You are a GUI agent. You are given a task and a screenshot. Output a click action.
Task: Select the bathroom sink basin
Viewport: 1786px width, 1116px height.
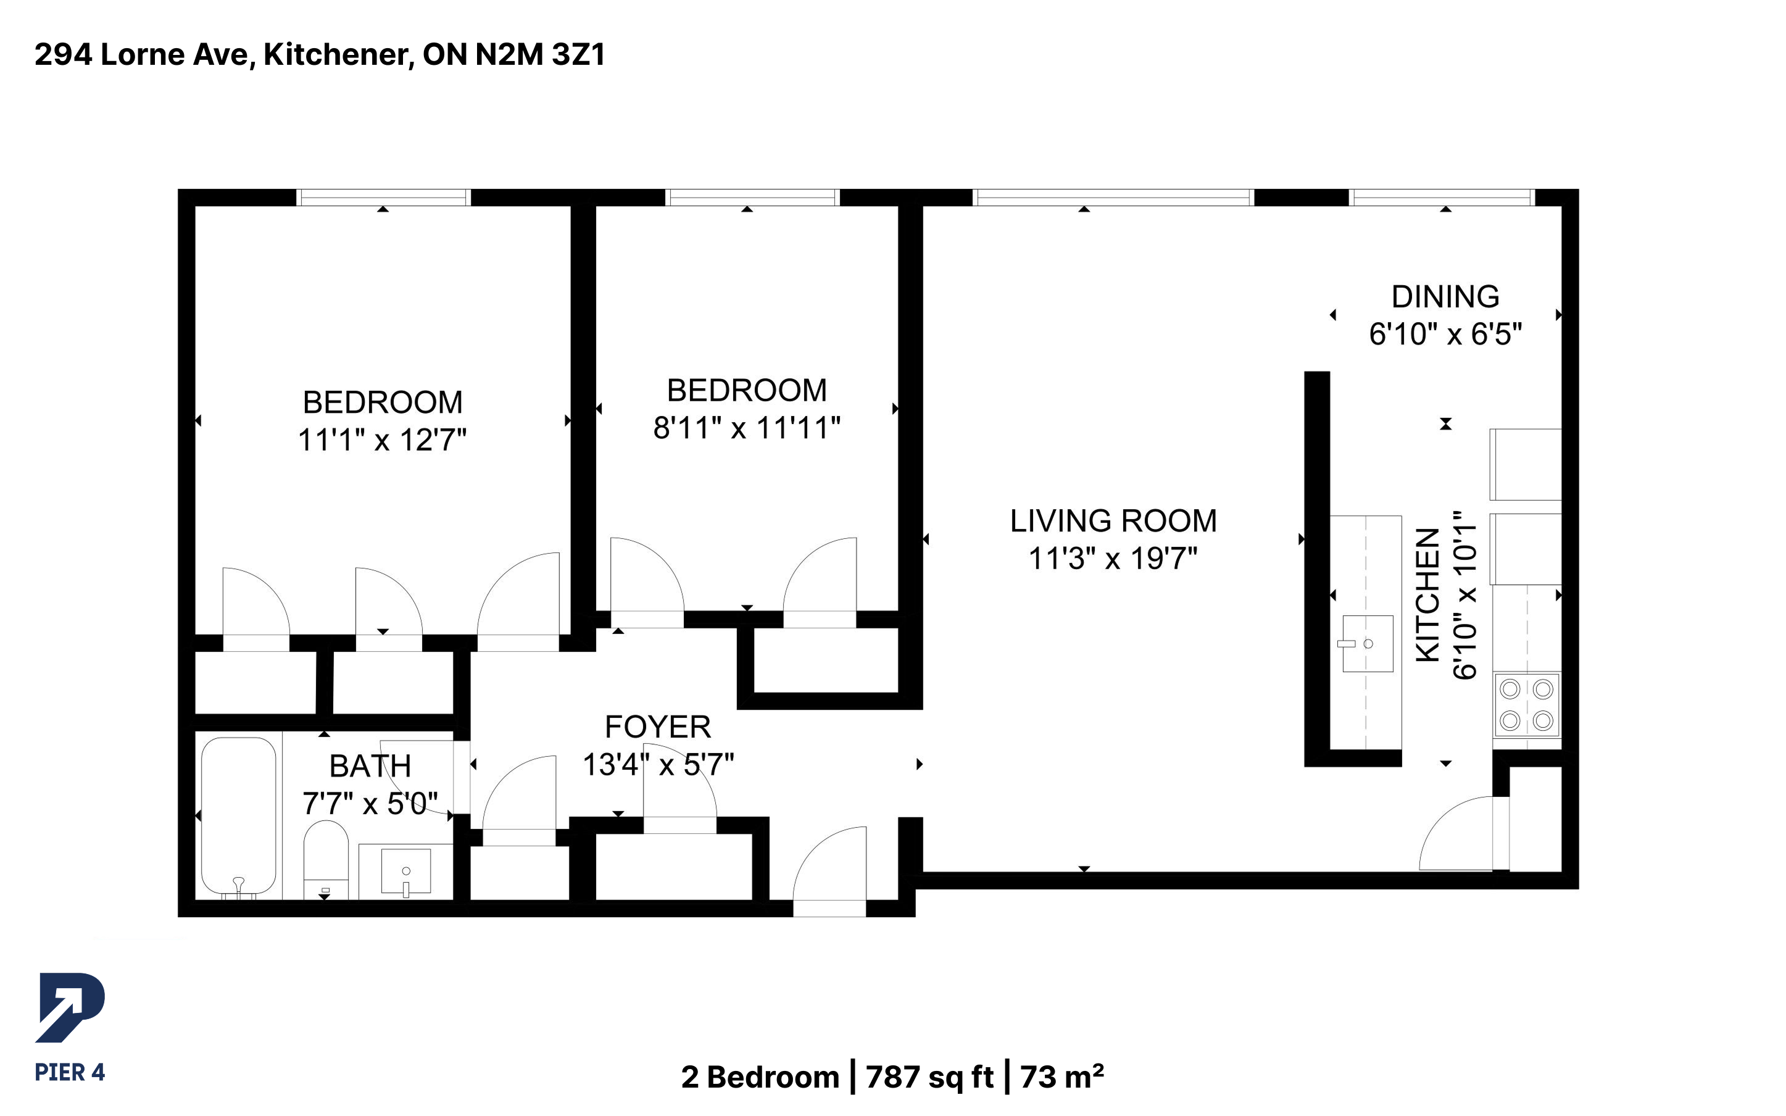point(405,872)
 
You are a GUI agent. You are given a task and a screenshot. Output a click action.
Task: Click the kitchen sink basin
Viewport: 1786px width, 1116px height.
point(1367,644)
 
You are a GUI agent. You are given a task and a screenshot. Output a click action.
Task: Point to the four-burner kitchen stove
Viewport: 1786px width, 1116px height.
point(1526,705)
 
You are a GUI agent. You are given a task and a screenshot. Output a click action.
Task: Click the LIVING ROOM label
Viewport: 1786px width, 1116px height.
point(1113,521)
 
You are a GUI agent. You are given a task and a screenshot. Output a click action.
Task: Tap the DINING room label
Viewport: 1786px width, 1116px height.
point(1445,297)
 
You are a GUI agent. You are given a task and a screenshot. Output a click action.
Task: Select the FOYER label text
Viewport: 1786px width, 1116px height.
point(658,727)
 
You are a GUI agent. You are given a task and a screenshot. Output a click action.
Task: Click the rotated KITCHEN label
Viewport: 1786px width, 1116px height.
point(1427,595)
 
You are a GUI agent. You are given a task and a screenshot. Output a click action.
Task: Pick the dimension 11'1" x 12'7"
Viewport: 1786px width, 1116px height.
point(382,440)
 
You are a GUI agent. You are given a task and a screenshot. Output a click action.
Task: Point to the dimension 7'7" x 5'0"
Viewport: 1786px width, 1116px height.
point(370,803)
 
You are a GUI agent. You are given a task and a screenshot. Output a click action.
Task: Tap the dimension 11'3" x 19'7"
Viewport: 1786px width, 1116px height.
point(1113,559)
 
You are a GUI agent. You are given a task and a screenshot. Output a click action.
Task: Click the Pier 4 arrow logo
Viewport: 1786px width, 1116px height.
point(70,1007)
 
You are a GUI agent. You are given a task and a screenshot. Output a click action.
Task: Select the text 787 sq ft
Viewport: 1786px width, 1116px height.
point(929,1077)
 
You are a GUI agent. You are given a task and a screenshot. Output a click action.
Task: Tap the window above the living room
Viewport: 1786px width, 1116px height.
point(1113,197)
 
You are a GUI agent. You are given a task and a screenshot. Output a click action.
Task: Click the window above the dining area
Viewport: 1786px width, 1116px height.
point(1443,197)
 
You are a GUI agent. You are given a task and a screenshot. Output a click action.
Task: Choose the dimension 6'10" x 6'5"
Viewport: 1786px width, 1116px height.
point(1445,335)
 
